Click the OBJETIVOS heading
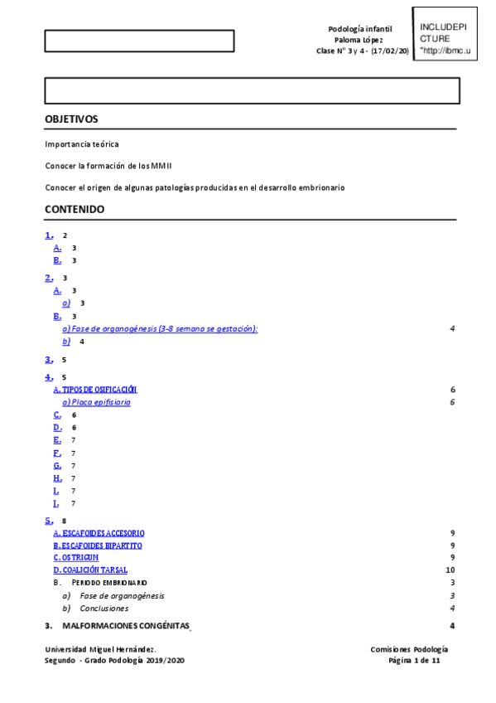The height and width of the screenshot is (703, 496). click(x=71, y=119)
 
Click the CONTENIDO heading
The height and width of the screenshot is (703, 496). click(x=75, y=210)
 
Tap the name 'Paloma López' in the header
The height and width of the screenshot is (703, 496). click(x=359, y=40)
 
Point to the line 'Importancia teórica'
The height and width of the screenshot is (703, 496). click(x=82, y=144)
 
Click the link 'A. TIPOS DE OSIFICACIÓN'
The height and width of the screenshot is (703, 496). click(x=95, y=390)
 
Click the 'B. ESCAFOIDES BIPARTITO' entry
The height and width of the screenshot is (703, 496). click(x=98, y=545)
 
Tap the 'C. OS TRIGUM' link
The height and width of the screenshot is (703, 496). click(x=81, y=558)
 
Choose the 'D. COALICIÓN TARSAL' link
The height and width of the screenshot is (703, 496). click(x=90, y=570)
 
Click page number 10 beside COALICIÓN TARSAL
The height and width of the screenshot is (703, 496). click(x=450, y=570)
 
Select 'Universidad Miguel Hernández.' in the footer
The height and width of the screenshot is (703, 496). click(x=100, y=650)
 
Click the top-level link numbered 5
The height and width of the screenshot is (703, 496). click(x=49, y=521)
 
